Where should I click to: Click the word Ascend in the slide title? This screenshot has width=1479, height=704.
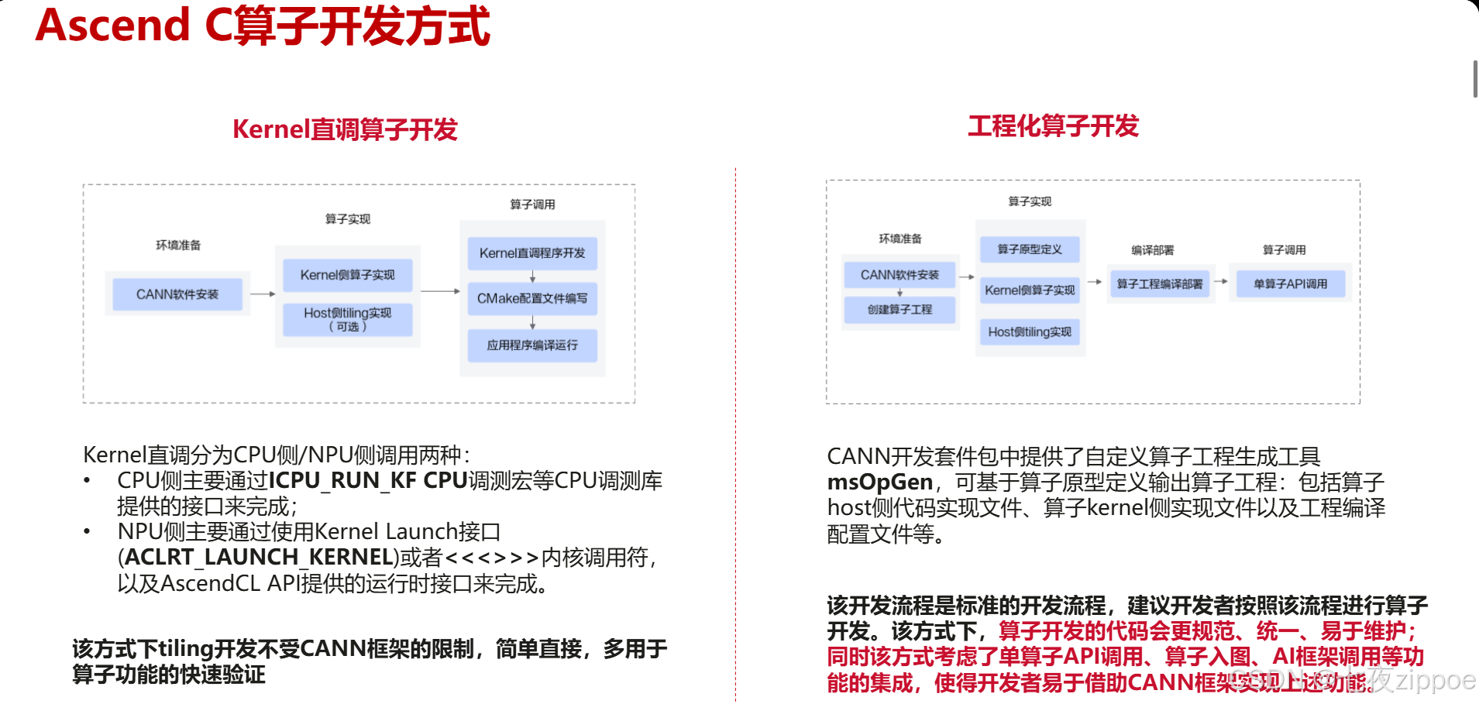[x=113, y=25]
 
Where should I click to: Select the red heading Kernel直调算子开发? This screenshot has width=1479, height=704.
[x=345, y=129]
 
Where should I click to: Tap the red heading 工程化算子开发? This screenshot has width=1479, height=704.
[x=1053, y=126]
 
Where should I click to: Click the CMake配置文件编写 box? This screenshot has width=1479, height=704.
[x=532, y=299]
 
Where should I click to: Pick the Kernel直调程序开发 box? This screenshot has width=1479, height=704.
[x=532, y=253]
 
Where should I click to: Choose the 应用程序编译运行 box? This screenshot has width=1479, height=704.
[x=532, y=345]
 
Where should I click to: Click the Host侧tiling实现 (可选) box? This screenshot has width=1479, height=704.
[x=347, y=319]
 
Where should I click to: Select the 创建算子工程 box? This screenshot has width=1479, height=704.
[x=899, y=310]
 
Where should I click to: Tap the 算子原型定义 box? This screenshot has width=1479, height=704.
[x=1030, y=249]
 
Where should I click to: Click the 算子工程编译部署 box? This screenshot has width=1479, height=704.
[x=1159, y=284]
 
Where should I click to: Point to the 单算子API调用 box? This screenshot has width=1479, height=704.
[x=1290, y=284]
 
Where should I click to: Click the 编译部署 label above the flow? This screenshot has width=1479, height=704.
[x=1152, y=250]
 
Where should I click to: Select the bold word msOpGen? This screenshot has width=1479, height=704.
[x=879, y=482]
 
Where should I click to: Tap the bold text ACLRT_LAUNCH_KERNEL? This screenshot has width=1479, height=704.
[x=258, y=558]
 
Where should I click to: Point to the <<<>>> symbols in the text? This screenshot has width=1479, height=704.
[x=491, y=558]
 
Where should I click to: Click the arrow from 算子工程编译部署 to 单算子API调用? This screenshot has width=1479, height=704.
[x=1221, y=281]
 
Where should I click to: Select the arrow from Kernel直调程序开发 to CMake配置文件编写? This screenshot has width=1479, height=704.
[x=532, y=276]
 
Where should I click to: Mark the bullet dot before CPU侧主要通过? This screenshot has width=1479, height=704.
[x=88, y=481]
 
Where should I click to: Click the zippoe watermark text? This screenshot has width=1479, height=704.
[x=1435, y=679]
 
